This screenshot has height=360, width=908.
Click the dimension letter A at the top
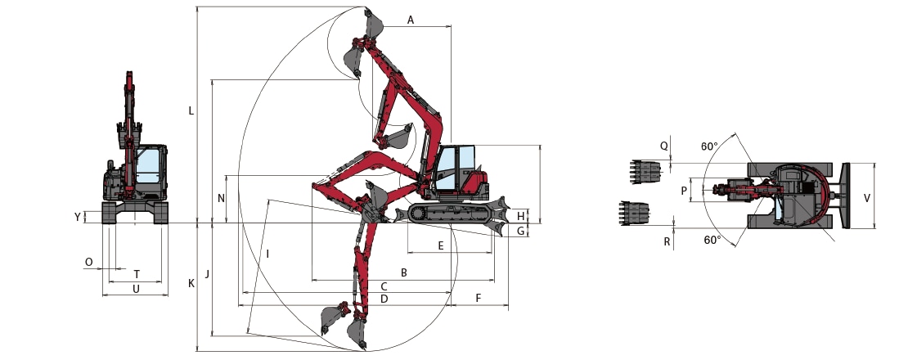(411, 19)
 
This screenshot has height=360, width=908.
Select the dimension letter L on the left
(191, 110)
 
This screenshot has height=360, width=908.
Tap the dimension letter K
(191, 283)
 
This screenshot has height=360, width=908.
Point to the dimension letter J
(208, 273)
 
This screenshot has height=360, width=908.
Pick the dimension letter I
(267, 254)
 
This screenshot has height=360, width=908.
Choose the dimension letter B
(403, 272)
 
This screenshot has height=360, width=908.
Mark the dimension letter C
(384, 286)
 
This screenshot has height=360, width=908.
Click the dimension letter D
(384, 299)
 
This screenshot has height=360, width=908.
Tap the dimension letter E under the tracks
(441, 245)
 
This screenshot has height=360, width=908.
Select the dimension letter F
(479, 299)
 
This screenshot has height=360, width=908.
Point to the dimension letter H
(520, 216)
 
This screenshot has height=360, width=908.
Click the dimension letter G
(520, 232)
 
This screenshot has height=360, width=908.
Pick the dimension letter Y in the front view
(78, 217)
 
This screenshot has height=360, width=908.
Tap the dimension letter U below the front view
(136, 289)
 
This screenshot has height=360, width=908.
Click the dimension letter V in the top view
(866, 197)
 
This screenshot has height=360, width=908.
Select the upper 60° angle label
(709, 147)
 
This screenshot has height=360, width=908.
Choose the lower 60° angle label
(712, 241)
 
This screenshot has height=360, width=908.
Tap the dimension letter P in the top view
(684, 190)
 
